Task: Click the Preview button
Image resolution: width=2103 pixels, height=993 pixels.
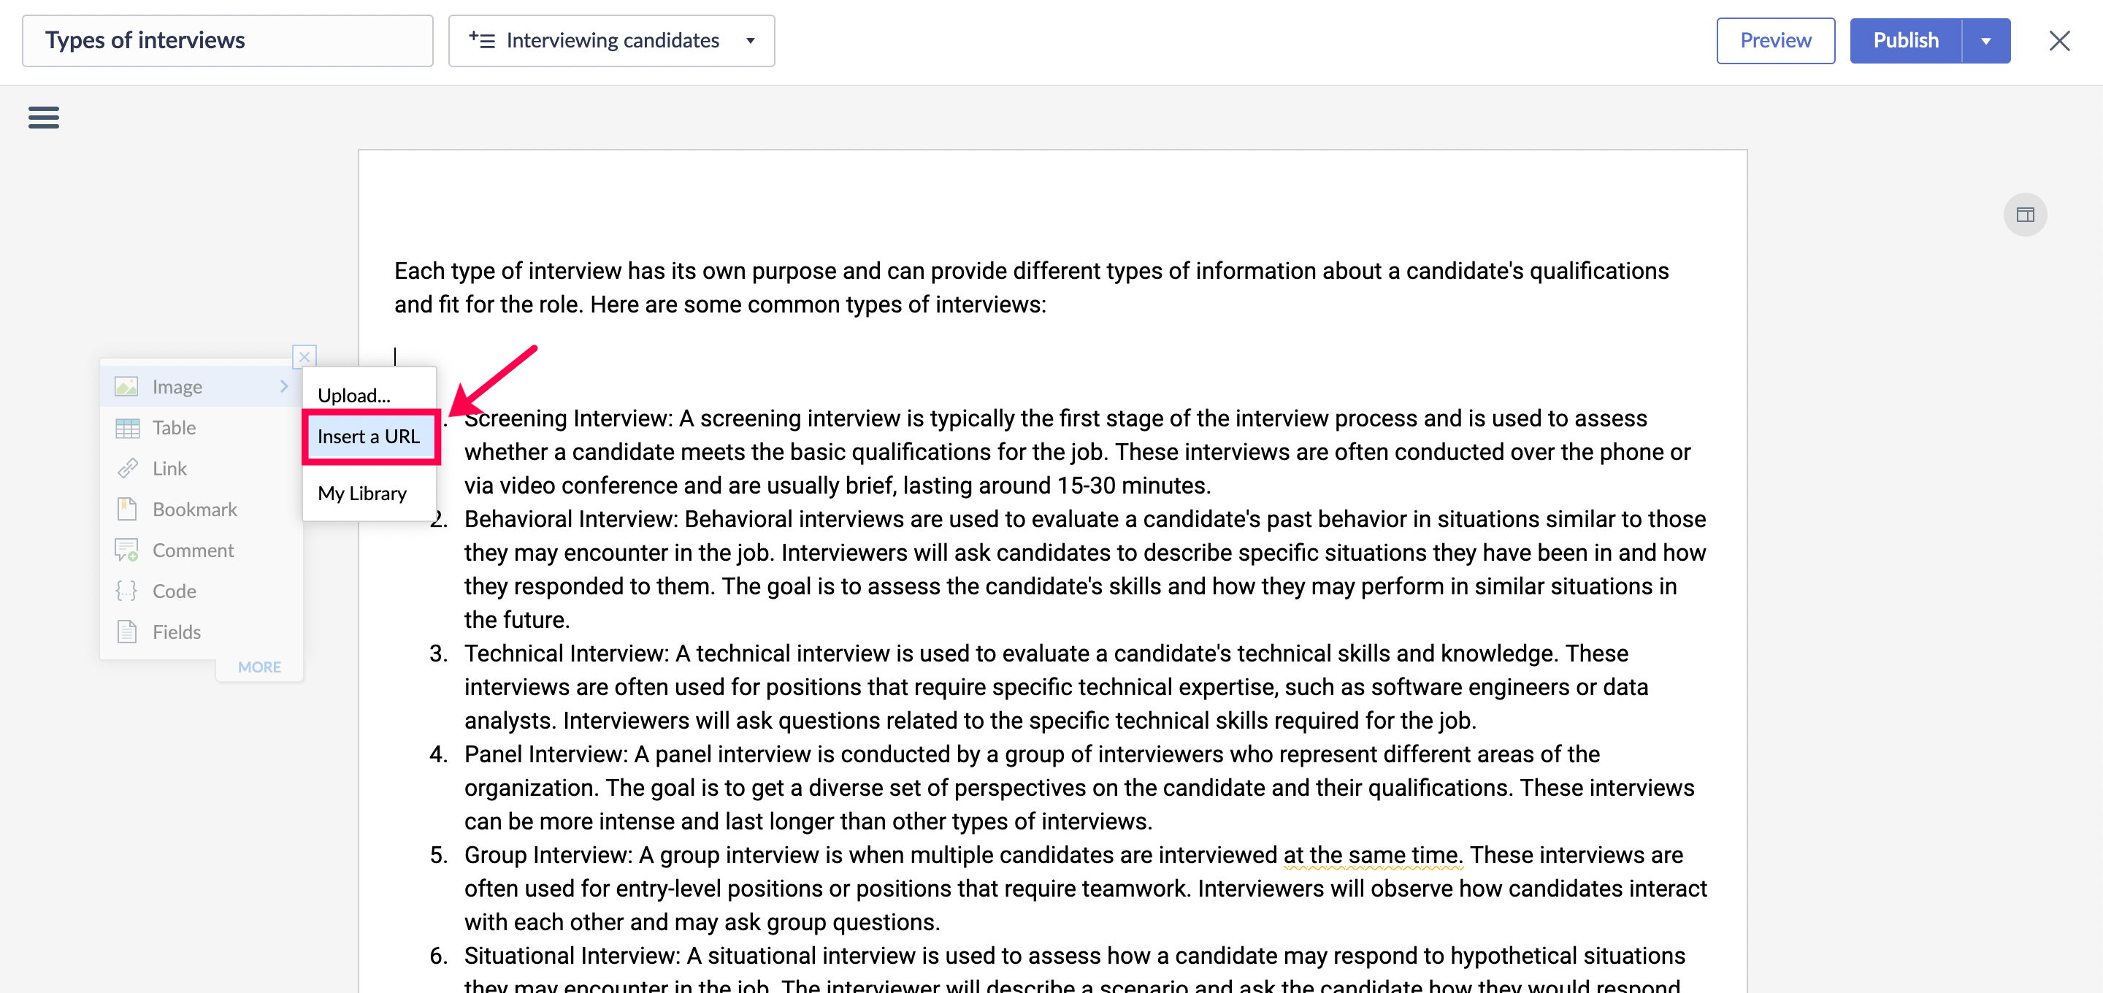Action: pos(1775,40)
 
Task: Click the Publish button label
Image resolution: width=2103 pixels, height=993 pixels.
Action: pos(1904,40)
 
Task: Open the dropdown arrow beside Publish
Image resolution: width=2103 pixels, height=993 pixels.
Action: pos(1985,41)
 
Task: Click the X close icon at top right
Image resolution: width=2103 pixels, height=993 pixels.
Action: pos(2059,41)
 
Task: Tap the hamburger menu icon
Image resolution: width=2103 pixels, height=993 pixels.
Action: pos(43,118)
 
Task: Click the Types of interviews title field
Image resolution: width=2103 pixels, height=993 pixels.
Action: pos(227,40)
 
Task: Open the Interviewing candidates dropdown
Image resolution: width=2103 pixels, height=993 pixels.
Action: pos(610,40)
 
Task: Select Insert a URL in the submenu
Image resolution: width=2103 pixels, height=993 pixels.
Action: pos(369,437)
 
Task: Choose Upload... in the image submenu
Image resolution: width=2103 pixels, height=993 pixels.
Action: pos(354,395)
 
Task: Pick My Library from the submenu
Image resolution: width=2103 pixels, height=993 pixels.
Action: pos(362,494)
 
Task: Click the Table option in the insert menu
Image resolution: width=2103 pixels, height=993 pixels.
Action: pos(174,428)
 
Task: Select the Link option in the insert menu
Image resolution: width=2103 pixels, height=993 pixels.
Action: pos(170,469)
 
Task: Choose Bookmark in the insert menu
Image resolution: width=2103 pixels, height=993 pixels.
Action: pos(194,510)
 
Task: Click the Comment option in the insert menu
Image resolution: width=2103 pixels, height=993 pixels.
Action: pos(193,551)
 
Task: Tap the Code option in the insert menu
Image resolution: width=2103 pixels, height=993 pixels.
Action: pos(174,591)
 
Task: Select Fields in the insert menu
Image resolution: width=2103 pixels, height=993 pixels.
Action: pos(176,632)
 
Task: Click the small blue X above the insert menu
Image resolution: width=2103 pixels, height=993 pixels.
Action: pos(304,356)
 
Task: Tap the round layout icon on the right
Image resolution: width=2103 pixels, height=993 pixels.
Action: pos(2025,215)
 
